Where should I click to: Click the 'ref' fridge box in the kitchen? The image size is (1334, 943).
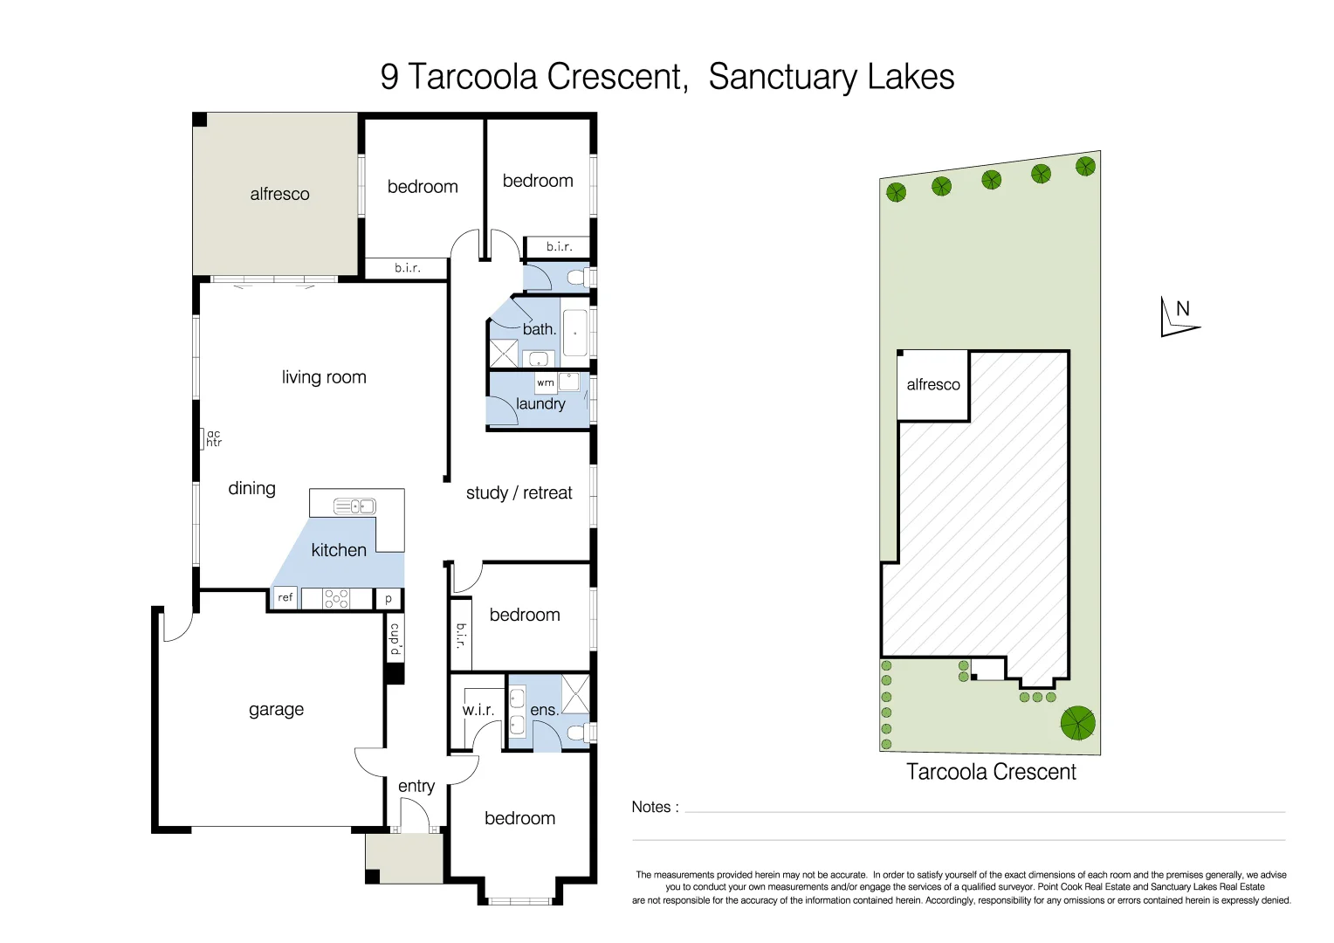[x=285, y=598]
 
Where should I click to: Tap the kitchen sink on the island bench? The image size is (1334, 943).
[x=355, y=506]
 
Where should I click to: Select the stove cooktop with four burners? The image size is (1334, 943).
[x=336, y=598]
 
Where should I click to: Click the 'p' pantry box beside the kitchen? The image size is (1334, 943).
[x=389, y=599]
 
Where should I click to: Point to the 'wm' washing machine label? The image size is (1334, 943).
[x=545, y=382]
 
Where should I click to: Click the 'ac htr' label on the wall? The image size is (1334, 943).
[x=213, y=438]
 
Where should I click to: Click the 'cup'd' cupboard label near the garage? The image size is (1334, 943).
[x=395, y=639]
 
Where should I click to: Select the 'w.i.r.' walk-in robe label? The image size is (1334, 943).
[x=478, y=710]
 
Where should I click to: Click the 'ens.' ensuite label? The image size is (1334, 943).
[x=544, y=710]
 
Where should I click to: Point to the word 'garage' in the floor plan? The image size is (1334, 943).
[x=276, y=709]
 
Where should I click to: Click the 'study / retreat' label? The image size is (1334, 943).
[x=519, y=492]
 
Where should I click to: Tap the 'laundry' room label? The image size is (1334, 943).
[x=540, y=403]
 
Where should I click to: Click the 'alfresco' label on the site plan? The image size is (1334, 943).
[x=932, y=384]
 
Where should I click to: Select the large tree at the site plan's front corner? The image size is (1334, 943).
[x=1077, y=723]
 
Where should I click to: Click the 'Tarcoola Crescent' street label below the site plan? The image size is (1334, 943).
[x=991, y=772]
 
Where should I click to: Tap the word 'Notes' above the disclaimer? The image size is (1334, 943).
[x=651, y=807]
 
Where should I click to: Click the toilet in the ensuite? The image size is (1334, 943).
[x=577, y=732]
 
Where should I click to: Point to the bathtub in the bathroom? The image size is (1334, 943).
[x=574, y=333]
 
